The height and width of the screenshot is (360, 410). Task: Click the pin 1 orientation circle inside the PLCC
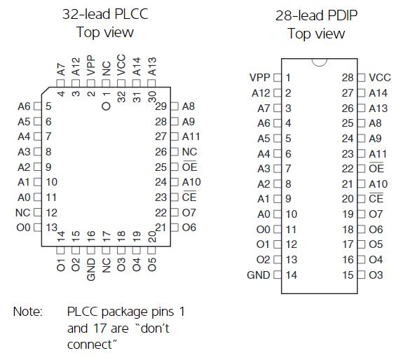[x=106, y=106]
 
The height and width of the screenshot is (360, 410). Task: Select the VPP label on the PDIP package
[x=259, y=78]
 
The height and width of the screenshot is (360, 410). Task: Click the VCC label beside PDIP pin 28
[x=380, y=78]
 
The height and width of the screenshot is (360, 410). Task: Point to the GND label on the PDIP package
[x=258, y=275]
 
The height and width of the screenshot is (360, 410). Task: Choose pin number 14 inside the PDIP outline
[x=292, y=275]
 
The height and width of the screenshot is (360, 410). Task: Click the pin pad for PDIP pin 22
[x=361, y=169]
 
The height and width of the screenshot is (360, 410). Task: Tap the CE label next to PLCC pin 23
[x=189, y=197]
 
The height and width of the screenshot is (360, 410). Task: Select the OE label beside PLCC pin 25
[x=189, y=167]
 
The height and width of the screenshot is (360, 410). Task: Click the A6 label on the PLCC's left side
[x=24, y=106]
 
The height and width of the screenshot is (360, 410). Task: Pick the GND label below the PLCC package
[x=91, y=270]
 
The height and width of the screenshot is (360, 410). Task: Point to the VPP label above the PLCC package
[x=91, y=65]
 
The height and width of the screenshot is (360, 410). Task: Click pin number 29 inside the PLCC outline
[x=160, y=106]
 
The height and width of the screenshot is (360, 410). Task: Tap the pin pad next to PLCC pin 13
[x=38, y=228]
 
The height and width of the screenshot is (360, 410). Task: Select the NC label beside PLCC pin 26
[x=189, y=152]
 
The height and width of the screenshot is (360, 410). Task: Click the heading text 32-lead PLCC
[x=105, y=14]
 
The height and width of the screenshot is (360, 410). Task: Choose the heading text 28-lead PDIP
[x=316, y=15]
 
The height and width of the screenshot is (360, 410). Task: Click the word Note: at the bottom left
[x=28, y=312]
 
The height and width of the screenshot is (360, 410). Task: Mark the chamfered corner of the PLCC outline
[x=46, y=91]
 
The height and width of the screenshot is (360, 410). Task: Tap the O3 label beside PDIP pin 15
[x=376, y=275]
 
